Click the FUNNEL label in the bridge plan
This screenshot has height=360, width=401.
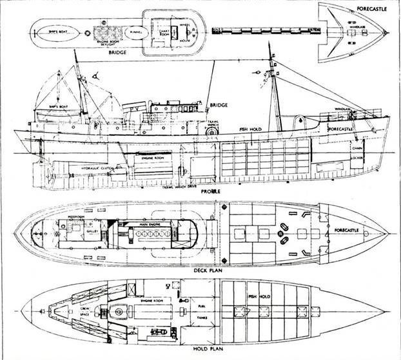click(x=135, y=30)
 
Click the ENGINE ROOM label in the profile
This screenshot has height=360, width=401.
click(x=147, y=156)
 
